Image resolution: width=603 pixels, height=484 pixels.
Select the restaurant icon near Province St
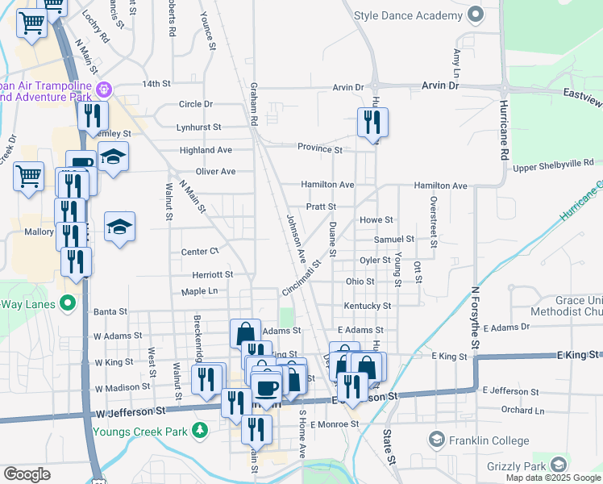click(372, 123)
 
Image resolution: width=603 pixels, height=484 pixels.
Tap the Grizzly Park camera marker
click(559, 465)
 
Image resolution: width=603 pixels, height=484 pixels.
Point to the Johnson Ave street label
click(297, 240)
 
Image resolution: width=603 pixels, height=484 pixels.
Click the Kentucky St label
click(367, 307)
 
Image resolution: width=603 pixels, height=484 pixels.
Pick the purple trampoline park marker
click(102, 88)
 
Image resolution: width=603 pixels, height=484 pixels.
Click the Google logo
click(27, 474)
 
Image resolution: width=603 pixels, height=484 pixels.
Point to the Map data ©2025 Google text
click(552, 478)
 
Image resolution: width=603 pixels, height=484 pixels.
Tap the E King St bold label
click(579, 354)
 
